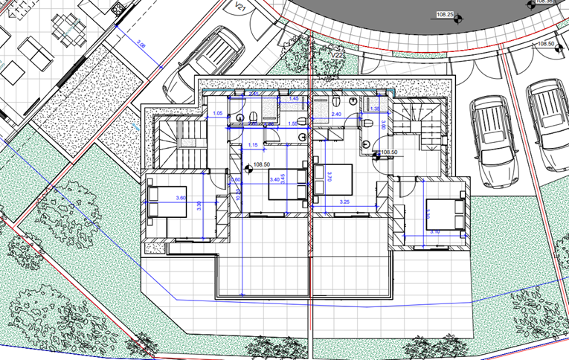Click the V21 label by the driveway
[x=240, y=7]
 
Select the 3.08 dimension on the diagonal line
[x=140, y=46]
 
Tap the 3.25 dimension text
[x=344, y=202]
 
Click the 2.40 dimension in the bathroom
[x=335, y=115]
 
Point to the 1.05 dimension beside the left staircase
[x=218, y=113]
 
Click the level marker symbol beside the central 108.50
[x=247, y=166]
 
